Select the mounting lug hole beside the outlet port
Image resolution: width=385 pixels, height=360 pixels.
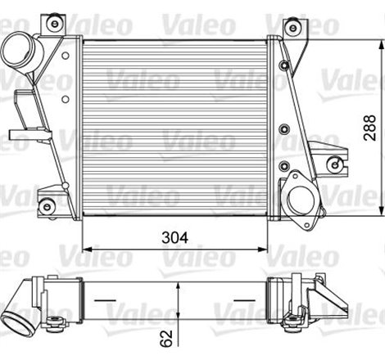click(333, 164)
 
